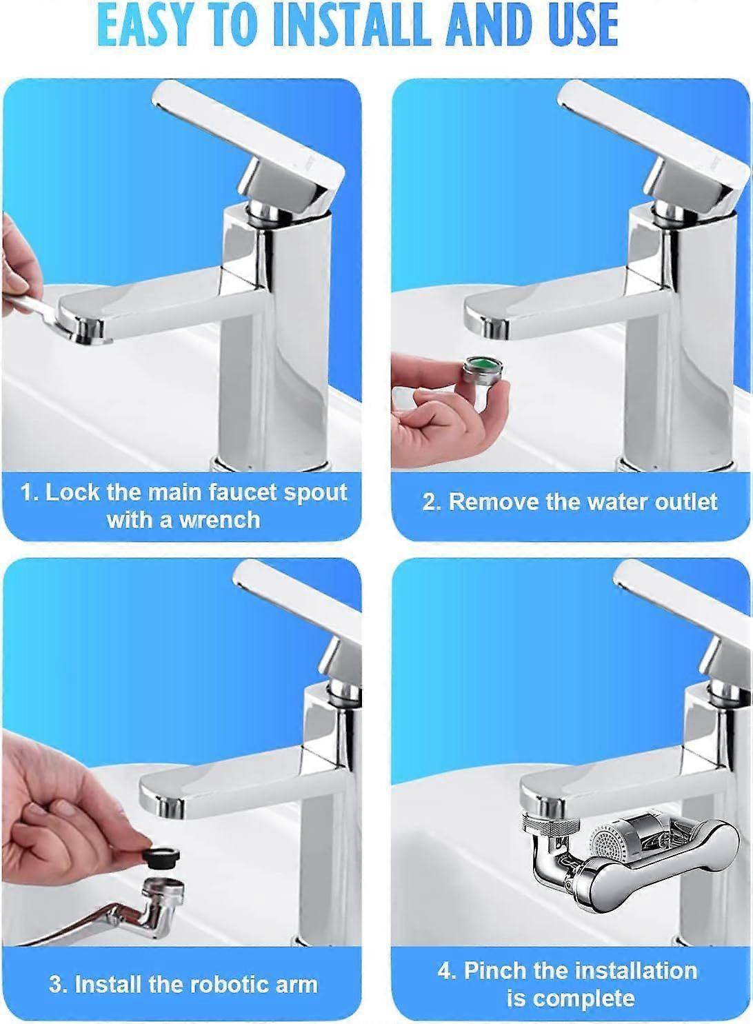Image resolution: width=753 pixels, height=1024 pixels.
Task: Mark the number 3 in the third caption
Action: coord(55,984)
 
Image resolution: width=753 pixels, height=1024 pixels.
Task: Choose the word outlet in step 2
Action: coord(686,501)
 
